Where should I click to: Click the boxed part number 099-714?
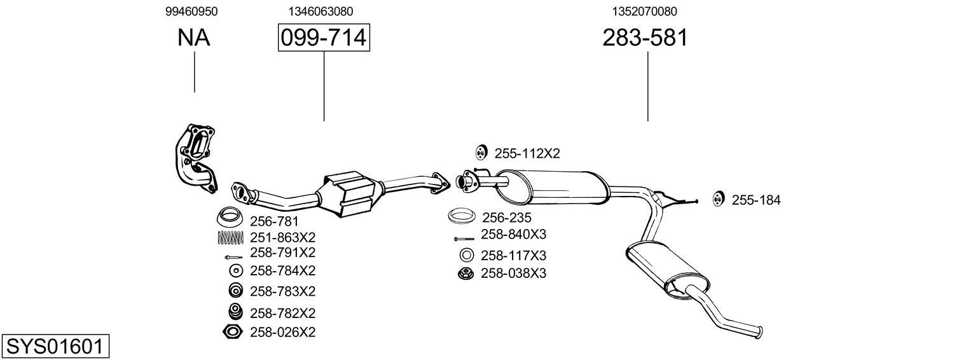coord(324,38)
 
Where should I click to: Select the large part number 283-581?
coord(645,38)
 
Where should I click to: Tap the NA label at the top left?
coord(194,38)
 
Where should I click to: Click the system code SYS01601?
coord(55,347)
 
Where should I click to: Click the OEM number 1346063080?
coord(321,11)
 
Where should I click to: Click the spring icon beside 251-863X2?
coord(230,237)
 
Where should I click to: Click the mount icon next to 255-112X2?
coord(481,153)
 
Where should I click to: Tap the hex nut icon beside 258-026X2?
coord(233,331)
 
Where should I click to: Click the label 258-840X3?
coord(513,234)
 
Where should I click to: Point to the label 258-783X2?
coord(282,291)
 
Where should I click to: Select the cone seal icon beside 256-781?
coord(230,218)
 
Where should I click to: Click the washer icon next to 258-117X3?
coord(466,256)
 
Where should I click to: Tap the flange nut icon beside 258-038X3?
coord(466,273)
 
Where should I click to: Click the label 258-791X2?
coord(282,253)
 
